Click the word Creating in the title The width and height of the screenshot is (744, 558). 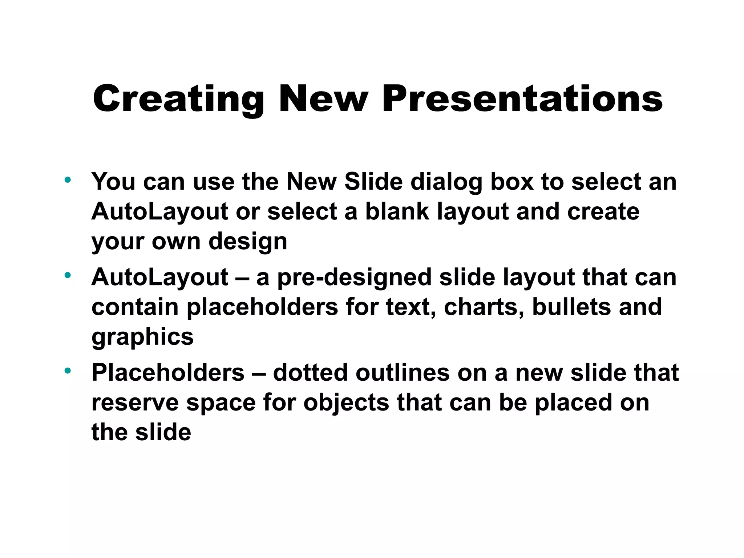pos(178,99)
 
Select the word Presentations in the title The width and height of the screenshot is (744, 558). pos(522,99)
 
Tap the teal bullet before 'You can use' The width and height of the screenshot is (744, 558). pos(68,179)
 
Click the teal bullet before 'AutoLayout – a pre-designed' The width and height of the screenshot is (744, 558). pos(68,275)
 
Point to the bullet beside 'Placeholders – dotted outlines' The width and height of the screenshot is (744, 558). pos(68,371)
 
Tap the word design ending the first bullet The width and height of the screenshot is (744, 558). pos(248,241)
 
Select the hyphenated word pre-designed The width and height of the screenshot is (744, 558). pos(354,278)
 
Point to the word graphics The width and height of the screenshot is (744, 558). pos(142,337)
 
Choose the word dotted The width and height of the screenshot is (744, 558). pos(310,373)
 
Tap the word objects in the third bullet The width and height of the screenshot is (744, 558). pos(346,403)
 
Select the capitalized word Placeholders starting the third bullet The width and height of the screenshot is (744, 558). pos(168,373)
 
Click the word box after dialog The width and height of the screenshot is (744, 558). pos(512,181)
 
